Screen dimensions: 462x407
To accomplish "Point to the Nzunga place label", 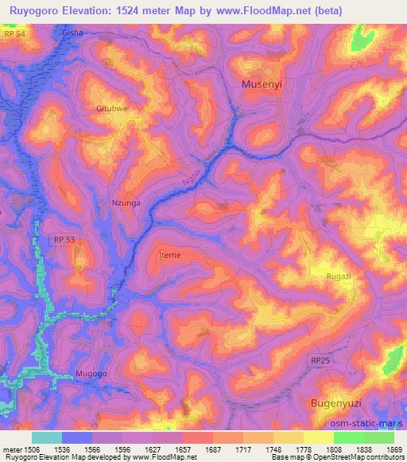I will pyautogui.click(x=125, y=203).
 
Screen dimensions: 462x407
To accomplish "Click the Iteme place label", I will pyautogui.click(x=170, y=255).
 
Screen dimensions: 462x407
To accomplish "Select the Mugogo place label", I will pyautogui.click(x=91, y=372).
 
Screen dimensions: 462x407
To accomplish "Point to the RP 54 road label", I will pyautogui.click(x=12, y=35).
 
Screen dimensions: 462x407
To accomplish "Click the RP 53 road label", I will pyautogui.click(x=64, y=239).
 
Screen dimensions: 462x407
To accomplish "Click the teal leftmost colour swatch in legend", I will pyautogui.click(x=47, y=437).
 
